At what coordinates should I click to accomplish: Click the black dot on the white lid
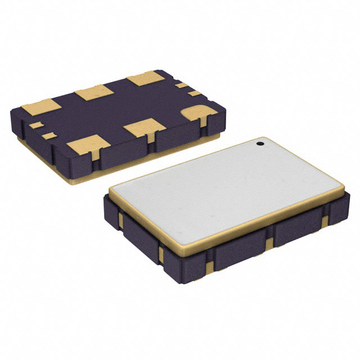tap(261, 144)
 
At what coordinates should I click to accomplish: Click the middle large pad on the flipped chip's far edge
tap(94, 92)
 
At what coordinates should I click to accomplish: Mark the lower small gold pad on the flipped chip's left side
tap(49, 134)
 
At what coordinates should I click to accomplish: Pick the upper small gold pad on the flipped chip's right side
tap(181, 85)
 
